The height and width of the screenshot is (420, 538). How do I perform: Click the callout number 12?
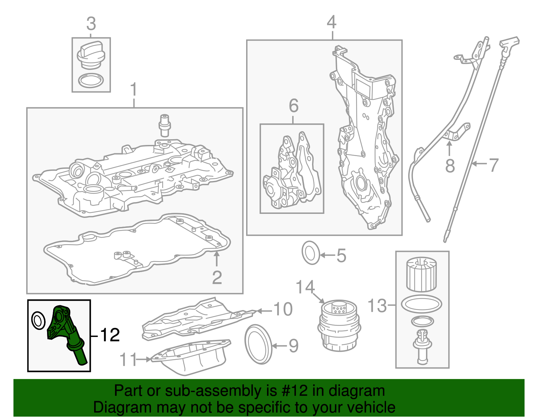coord(110,335)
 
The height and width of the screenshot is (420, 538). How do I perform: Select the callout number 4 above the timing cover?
coord(332,23)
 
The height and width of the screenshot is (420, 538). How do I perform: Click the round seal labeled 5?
coord(311,253)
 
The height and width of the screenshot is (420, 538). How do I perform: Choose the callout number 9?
coord(293,346)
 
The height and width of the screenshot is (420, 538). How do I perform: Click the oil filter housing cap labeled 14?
coord(339,326)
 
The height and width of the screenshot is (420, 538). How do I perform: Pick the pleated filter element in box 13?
coord(422,274)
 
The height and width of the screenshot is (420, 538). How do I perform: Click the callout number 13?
coord(377,305)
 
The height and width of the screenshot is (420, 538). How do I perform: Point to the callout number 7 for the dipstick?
coord(493,165)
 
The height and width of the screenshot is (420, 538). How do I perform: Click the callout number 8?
coord(450,166)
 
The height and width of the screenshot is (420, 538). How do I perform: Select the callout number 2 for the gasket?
coord(217,277)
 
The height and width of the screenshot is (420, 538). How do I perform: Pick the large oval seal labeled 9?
coord(258,344)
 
